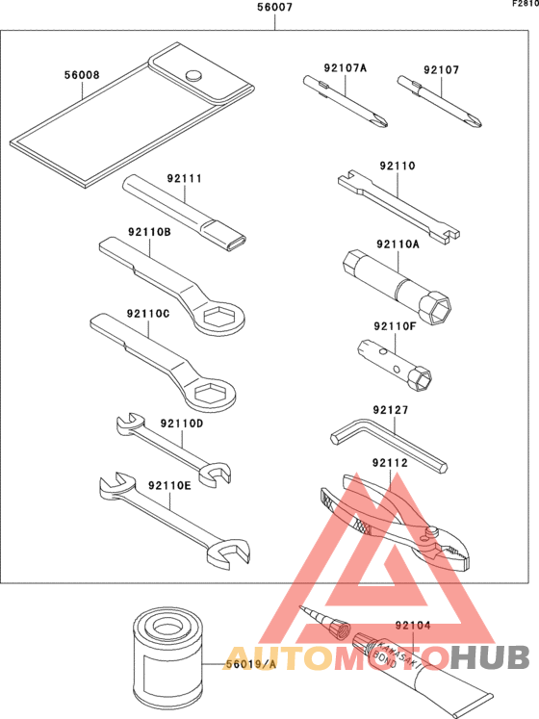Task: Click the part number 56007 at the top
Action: pyautogui.click(x=274, y=8)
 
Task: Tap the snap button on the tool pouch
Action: pyautogui.click(x=194, y=75)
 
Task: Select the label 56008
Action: pyautogui.click(x=82, y=75)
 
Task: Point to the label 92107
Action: pyautogui.click(x=441, y=69)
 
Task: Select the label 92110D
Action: pyautogui.click(x=182, y=424)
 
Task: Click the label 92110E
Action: pyautogui.click(x=169, y=485)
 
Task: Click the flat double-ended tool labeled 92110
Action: pyautogui.click(x=399, y=207)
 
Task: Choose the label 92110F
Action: pyautogui.click(x=395, y=326)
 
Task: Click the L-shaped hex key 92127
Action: pyautogui.click(x=389, y=445)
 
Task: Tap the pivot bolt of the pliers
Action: pyautogui.click(x=431, y=530)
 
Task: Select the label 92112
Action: pyautogui.click(x=390, y=463)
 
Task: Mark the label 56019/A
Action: pyautogui.click(x=251, y=664)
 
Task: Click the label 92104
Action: pyautogui.click(x=413, y=625)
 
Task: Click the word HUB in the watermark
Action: pyautogui.click(x=490, y=657)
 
